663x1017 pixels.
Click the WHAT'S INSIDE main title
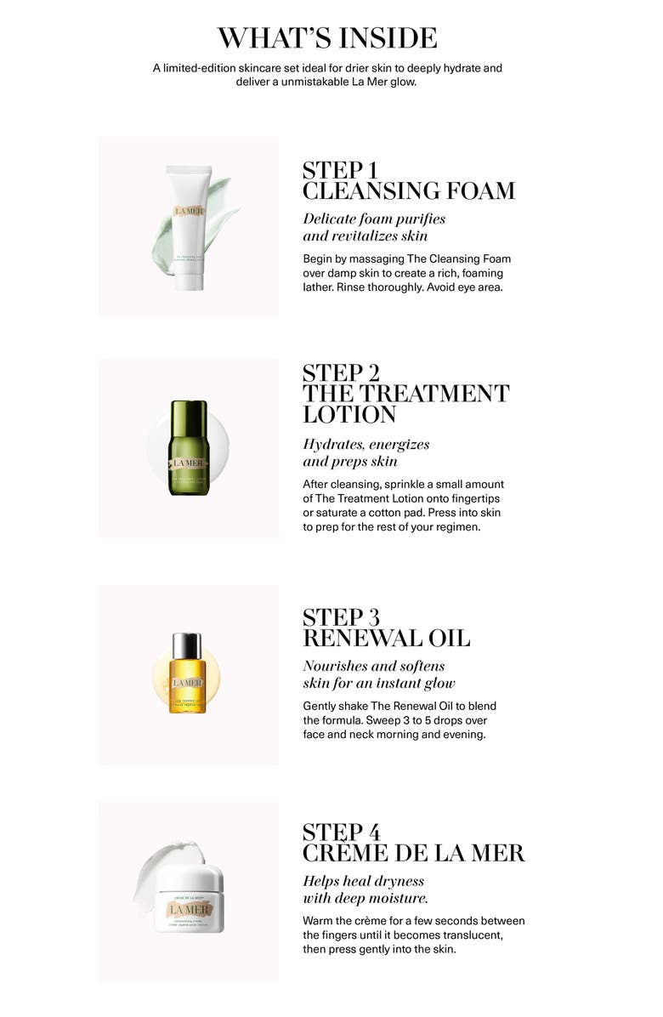[x=327, y=38]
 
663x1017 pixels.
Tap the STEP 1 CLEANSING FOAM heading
[x=408, y=180]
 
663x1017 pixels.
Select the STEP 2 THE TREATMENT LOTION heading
[x=405, y=394]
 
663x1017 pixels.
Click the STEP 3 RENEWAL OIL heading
[x=386, y=628]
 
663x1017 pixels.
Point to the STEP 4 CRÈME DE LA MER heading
[x=413, y=843]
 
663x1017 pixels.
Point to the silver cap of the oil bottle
[x=188, y=645]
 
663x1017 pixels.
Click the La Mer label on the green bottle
[x=188, y=463]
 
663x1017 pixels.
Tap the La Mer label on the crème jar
[x=189, y=910]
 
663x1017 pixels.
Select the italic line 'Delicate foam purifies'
[x=374, y=219]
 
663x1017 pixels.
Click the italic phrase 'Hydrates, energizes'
[x=366, y=445]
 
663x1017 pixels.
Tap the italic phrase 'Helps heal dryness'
[x=363, y=881]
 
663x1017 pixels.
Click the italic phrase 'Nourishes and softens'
[x=374, y=666]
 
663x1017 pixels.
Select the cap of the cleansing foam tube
[x=188, y=280]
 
